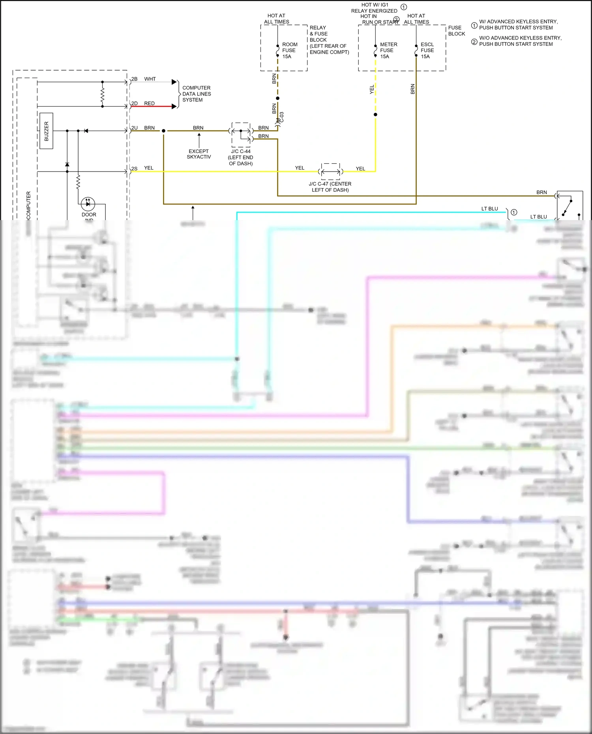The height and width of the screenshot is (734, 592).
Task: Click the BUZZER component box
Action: pos(46,131)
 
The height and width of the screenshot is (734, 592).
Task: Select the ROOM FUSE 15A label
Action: pos(290,50)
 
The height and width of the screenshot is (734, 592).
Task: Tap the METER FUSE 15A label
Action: pos(388,50)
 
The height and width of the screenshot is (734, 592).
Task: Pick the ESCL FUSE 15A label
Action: pos(427,50)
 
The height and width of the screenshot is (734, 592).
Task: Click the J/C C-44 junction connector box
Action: pos(241,134)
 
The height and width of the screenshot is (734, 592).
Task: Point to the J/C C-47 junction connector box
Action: pos(330,171)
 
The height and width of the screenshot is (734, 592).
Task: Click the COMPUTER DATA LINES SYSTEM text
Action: pos(196,94)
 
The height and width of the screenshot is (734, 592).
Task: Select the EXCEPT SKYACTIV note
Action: pos(199,154)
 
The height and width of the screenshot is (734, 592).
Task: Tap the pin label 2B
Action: pos(134,79)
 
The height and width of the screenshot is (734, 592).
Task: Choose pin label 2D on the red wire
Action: pos(134,104)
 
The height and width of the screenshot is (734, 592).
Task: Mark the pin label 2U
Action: pos(134,128)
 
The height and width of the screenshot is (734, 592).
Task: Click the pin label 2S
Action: pos(134,169)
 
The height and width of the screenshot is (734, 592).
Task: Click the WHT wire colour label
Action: pos(150,79)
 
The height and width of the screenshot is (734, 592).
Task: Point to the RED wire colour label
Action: pos(149,104)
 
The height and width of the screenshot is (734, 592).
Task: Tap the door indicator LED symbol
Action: pos(88,204)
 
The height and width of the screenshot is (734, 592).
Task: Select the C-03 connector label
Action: pos(281,117)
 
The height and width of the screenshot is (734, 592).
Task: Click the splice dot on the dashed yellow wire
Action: pos(375,114)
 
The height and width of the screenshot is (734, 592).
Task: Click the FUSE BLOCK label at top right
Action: pos(456,31)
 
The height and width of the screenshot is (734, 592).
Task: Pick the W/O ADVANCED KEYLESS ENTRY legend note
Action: pos(520,41)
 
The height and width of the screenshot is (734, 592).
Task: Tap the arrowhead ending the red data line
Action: pos(174,106)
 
